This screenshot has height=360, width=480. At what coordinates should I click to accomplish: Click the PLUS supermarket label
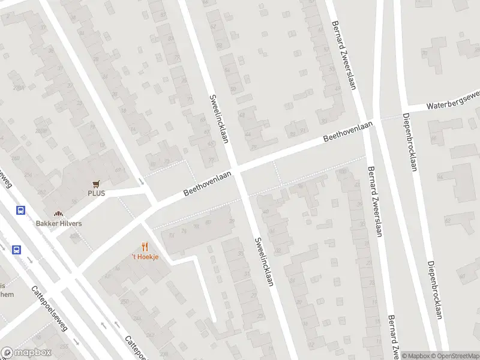click(96, 193)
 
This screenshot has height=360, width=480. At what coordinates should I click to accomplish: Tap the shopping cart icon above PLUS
click(96, 184)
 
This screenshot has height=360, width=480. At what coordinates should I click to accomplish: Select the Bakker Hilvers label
click(58, 223)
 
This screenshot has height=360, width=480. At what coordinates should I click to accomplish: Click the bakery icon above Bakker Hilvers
click(58, 214)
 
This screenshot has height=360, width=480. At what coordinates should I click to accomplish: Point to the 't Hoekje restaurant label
click(145, 257)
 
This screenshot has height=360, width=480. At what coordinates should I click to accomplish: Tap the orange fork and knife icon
click(145, 247)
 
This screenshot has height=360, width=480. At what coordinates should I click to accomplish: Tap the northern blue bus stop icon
click(20, 210)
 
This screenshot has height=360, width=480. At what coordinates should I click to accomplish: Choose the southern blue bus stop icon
click(16, 250)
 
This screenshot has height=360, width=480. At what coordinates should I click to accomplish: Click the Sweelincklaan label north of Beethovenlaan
click(220, 118)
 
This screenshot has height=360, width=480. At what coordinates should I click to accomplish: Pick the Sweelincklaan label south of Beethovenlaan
click(265, 260)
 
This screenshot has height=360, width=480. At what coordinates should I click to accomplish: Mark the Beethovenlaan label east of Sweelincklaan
click(348, 131)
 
